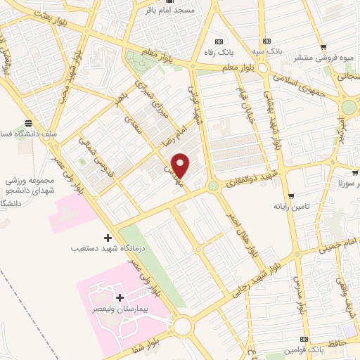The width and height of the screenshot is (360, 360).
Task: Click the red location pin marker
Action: (181, 166)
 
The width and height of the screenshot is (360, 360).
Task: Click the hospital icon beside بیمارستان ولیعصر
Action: (120, 298)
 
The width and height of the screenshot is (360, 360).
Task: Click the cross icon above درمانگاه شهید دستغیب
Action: (107, 237)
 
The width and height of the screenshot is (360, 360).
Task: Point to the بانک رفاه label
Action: (220, 52)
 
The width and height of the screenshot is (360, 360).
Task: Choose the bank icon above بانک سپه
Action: (266, 41)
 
